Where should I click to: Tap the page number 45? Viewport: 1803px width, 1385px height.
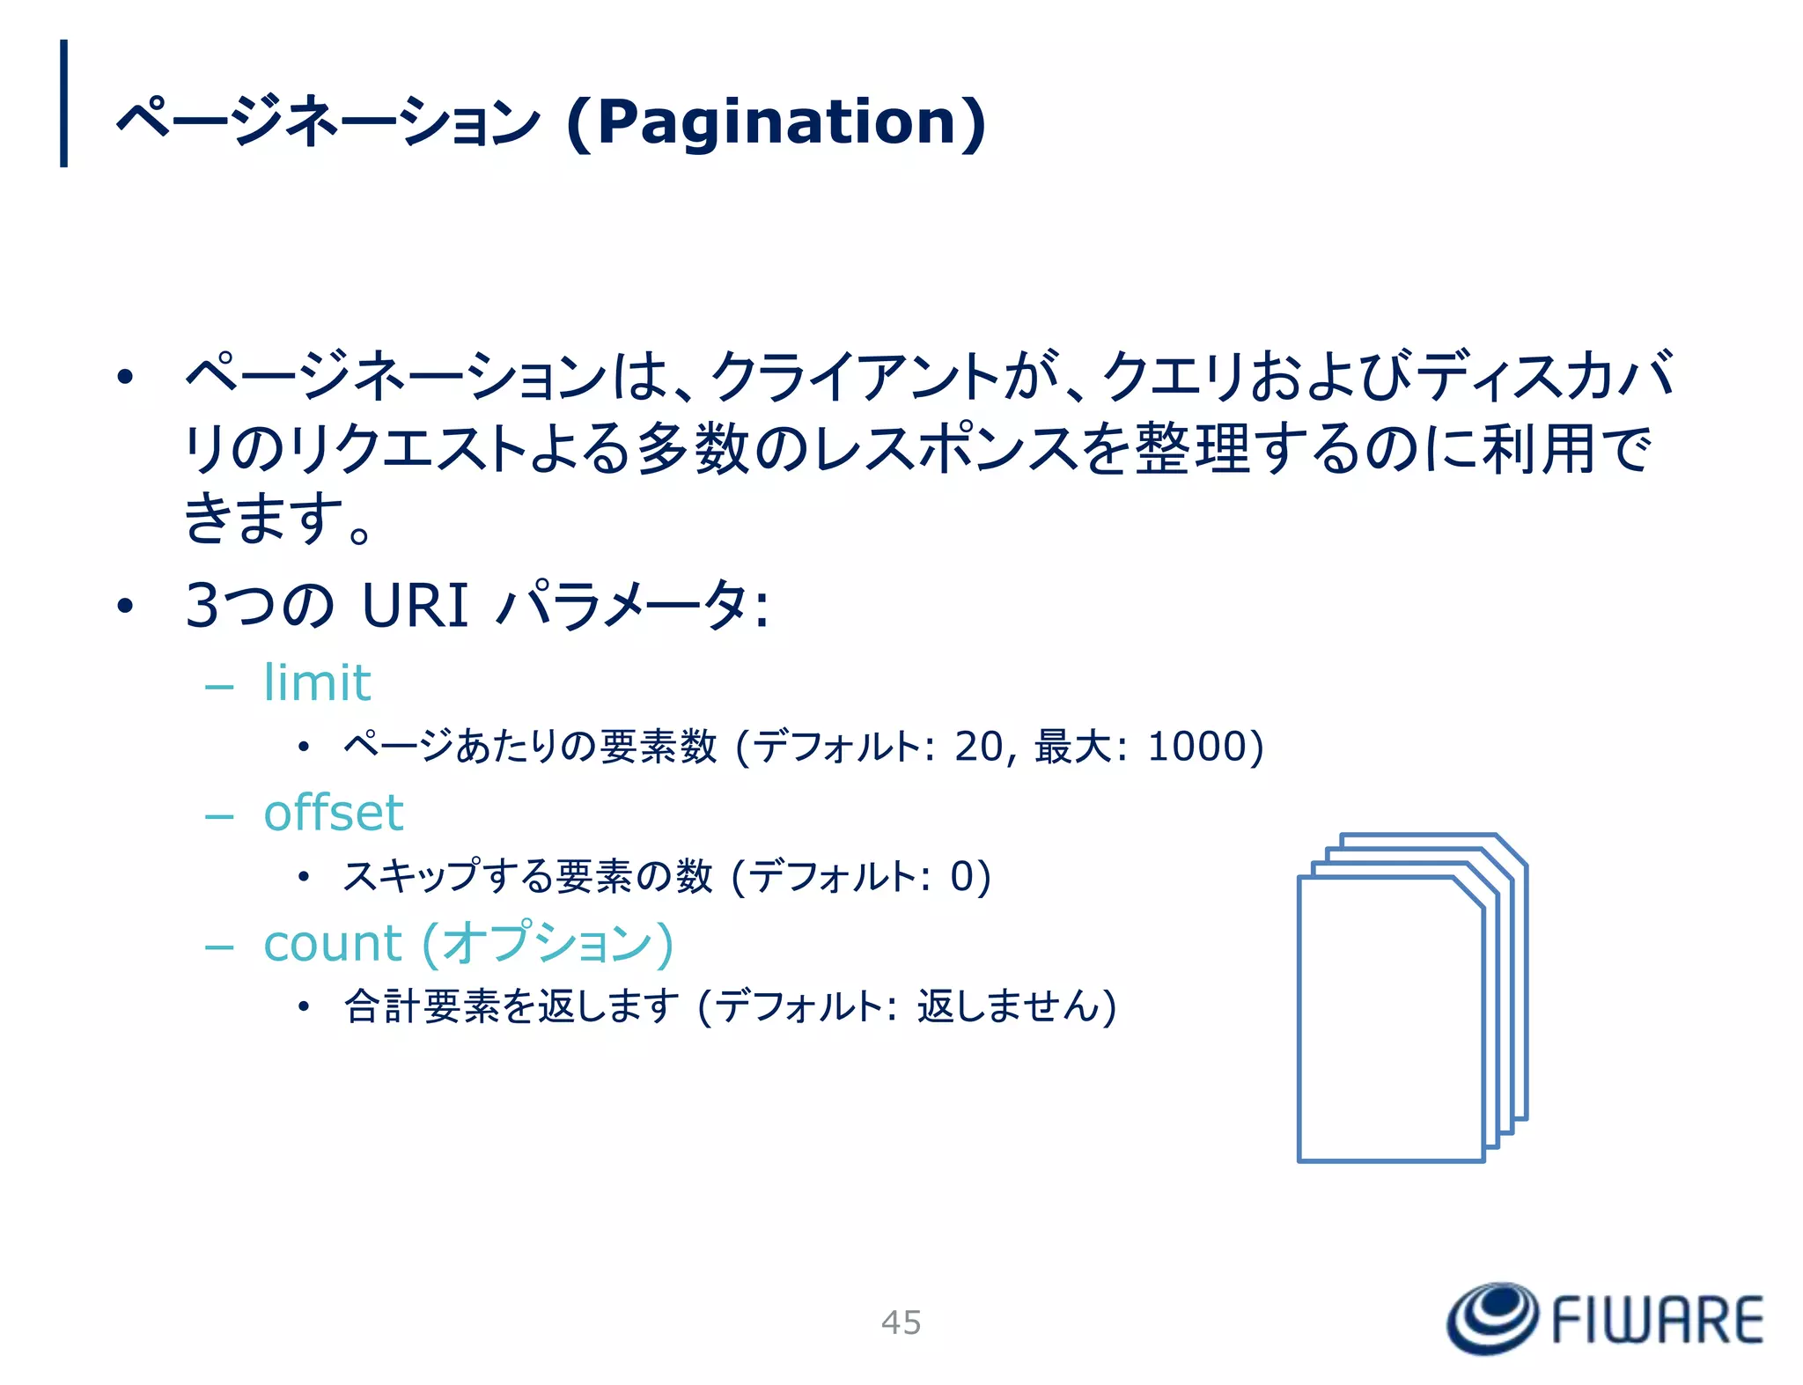coord(901,1322)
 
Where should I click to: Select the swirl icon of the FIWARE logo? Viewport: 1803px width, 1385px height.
coord(1492,1317)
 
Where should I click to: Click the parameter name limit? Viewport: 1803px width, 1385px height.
coord(317,682)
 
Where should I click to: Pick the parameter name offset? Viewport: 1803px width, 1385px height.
coord(334,812)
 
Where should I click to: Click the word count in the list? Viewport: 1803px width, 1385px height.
coord(332,943)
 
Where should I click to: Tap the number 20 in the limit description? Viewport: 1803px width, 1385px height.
coord(978,746)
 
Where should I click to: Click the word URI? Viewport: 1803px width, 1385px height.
coord(415,606)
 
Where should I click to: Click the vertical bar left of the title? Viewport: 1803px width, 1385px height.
coord(63,103)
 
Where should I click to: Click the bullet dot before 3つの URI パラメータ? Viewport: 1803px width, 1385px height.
coord(125,606)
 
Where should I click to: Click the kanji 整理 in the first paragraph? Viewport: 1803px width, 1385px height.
coord(1192,449)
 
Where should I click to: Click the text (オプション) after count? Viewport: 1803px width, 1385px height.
coord(548,943)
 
